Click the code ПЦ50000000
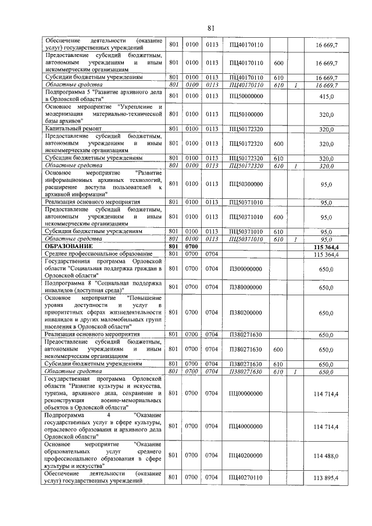[x=246, y=96]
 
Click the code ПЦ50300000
[x=246, y=184]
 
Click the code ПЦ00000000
[x=246, y=394]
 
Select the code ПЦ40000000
[x=246, y=426]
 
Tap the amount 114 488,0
[x=325, y=455]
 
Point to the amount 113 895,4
[x=325, y=478]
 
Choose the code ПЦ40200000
[x=246, y=455]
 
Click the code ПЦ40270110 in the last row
[x=246, y=478]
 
